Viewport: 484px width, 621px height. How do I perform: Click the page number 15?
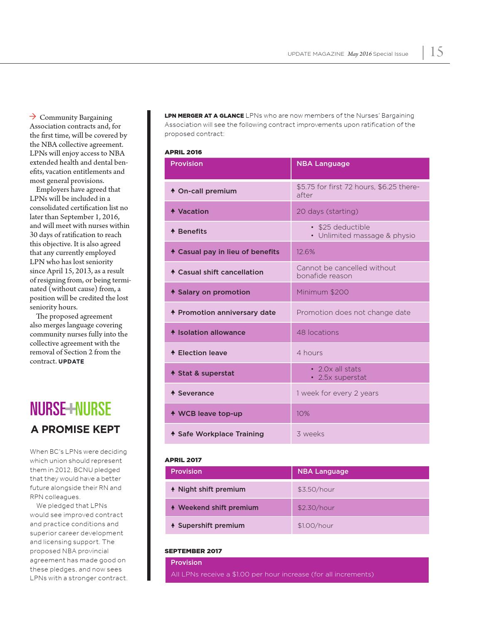tap(437, 52)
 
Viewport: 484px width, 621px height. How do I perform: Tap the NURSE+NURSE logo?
tap(71, 409)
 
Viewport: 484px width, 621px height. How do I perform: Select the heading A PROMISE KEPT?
tap(75, 430)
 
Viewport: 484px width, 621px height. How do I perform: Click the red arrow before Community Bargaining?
tap(33, 116)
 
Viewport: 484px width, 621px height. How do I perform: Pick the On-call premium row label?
tap(207, 191)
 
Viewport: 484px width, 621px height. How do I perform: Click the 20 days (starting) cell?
tap(327, 211)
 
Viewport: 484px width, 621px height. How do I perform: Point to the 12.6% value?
tap(306, 252)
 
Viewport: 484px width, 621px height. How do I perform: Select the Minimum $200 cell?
tap(323, 292)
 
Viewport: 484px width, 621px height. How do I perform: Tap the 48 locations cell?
tap(318, 332)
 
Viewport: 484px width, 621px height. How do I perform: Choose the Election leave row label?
tap(202, 353)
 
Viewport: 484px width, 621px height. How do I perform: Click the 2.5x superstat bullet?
tap(342, 377)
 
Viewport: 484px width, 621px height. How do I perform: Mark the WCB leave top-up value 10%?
tap(303, 413)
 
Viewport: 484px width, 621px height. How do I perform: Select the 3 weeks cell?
tap(310, 434)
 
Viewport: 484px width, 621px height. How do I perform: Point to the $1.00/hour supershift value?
tap(315, 526)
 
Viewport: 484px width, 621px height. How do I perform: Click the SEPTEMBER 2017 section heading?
tap(193, 551)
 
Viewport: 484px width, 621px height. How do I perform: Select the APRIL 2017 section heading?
tap(183, 460)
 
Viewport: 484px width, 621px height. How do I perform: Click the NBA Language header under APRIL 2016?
tap(323, 164)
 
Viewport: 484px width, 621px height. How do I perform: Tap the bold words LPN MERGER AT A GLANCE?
tap(204, 116)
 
